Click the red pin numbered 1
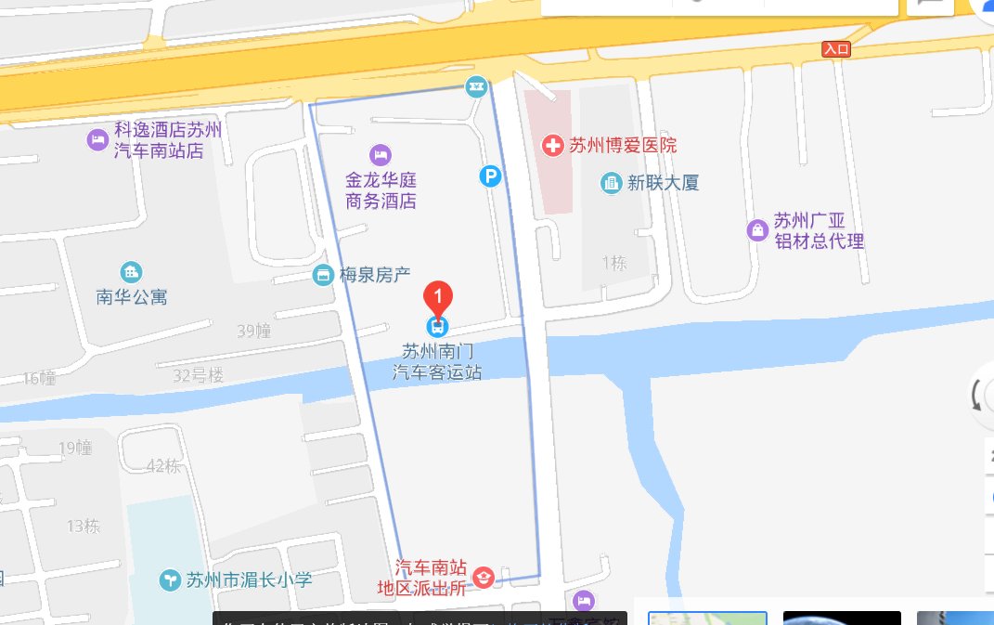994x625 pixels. (438, 297)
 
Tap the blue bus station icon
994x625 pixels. (437, 326)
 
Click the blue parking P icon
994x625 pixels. (489, 175)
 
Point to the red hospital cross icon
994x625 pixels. (553, 146)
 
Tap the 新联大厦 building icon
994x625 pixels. (611, 183)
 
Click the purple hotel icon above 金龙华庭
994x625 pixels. (380, 153)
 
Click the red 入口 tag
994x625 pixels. (836, 49)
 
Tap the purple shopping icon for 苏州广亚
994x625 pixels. (758, 229)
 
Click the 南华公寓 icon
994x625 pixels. (132, 272)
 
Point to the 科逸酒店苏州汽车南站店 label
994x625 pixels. (158, 140)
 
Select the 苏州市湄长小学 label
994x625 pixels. (249, 580)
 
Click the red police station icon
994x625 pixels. (483, 578)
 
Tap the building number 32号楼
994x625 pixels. (199, 376)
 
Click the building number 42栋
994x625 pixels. (163, 466)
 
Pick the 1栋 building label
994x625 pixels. (613, 263)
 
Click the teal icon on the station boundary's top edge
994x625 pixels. (476, 87)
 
